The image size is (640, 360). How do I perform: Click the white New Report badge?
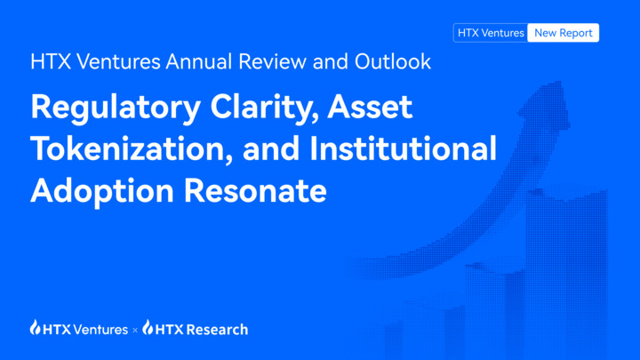pos(563,33)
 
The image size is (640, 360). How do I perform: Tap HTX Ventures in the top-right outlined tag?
pos(491,33)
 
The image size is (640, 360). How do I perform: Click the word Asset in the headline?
pos(371,107)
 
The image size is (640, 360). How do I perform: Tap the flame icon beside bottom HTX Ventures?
pos(36,329)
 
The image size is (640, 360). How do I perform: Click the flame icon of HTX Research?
pos(148,329)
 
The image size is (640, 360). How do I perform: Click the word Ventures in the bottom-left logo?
pos(102,329)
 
